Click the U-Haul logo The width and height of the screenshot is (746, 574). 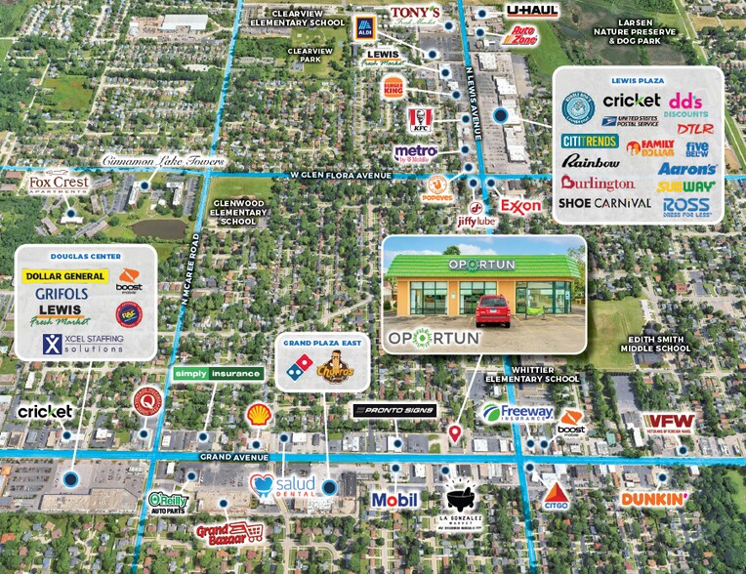click(532, 11)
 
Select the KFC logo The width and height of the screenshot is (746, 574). click(420, 119)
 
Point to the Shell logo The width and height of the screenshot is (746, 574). click(258, 414)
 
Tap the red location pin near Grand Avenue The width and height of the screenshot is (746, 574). click(454, 431)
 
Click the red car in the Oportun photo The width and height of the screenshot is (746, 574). click(493, 309)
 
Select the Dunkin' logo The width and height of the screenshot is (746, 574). click(655, 500)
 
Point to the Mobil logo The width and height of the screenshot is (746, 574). click(394, 500)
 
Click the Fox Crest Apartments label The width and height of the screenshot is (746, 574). click(60, 183)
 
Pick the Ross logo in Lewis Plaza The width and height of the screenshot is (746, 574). click(685, 206)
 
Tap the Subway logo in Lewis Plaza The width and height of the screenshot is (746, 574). click(685, 185)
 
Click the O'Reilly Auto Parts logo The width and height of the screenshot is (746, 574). click(168, 502)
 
